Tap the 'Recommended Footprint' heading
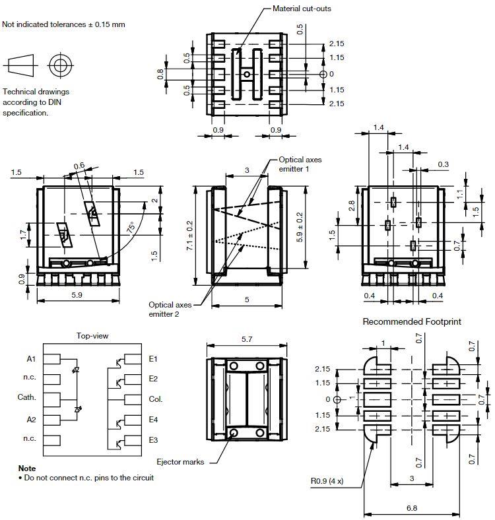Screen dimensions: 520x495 click(412, 321)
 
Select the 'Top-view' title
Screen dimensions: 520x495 click(92, 335)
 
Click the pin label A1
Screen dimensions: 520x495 click(31, 359)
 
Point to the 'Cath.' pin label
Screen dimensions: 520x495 click(26, 398)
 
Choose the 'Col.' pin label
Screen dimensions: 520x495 click(156, 399)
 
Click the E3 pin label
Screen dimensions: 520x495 click(153, 439)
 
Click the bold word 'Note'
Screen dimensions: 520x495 click(27, 468)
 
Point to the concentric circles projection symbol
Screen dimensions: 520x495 click(61, 65)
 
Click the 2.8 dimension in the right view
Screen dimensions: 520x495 click(353, 205)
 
